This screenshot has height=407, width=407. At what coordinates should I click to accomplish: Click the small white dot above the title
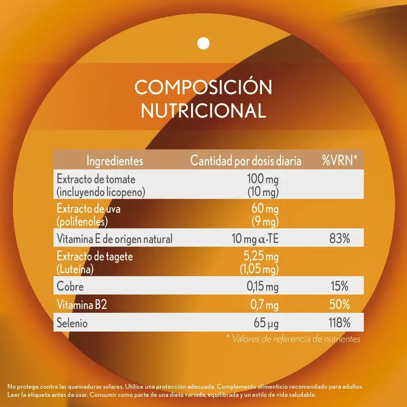pyautogui.click(x=203, y=43)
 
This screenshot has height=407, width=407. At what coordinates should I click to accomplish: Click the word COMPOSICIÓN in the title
pyautogui.click(x=203, y=87)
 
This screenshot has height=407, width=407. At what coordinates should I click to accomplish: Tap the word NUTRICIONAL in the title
pyautogui.click(x=203, y=110)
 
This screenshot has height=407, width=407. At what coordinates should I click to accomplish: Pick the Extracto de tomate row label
pyautogui.click(x=96, y=180)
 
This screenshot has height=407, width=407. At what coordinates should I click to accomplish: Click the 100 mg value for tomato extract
pyautogui.click(x=263, y=180)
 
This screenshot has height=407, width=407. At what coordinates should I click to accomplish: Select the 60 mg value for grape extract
pyautogui.click(x=265, y=209)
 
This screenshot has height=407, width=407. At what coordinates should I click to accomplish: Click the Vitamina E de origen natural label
pyautogui.click(x=114, y=238)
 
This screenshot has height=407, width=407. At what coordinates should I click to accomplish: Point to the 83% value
pyautogui.click(x=339, y=238)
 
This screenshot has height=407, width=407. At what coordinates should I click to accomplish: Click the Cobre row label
pyautogui.click(x=70, y=287)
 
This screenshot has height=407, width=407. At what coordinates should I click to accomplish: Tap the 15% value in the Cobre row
pyautogui.click(x=339, y=287)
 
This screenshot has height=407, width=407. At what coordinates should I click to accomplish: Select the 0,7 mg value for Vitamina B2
pyautogui.click(x=265, y=305)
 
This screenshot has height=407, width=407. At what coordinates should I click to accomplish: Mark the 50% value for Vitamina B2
pyautogui.click(x=339, y=305)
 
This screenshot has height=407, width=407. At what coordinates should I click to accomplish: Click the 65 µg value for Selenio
pyautogui.click(x=266, y=323)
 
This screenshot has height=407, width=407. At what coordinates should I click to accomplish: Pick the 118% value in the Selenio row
pyautogui.click(x=338, y=323)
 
